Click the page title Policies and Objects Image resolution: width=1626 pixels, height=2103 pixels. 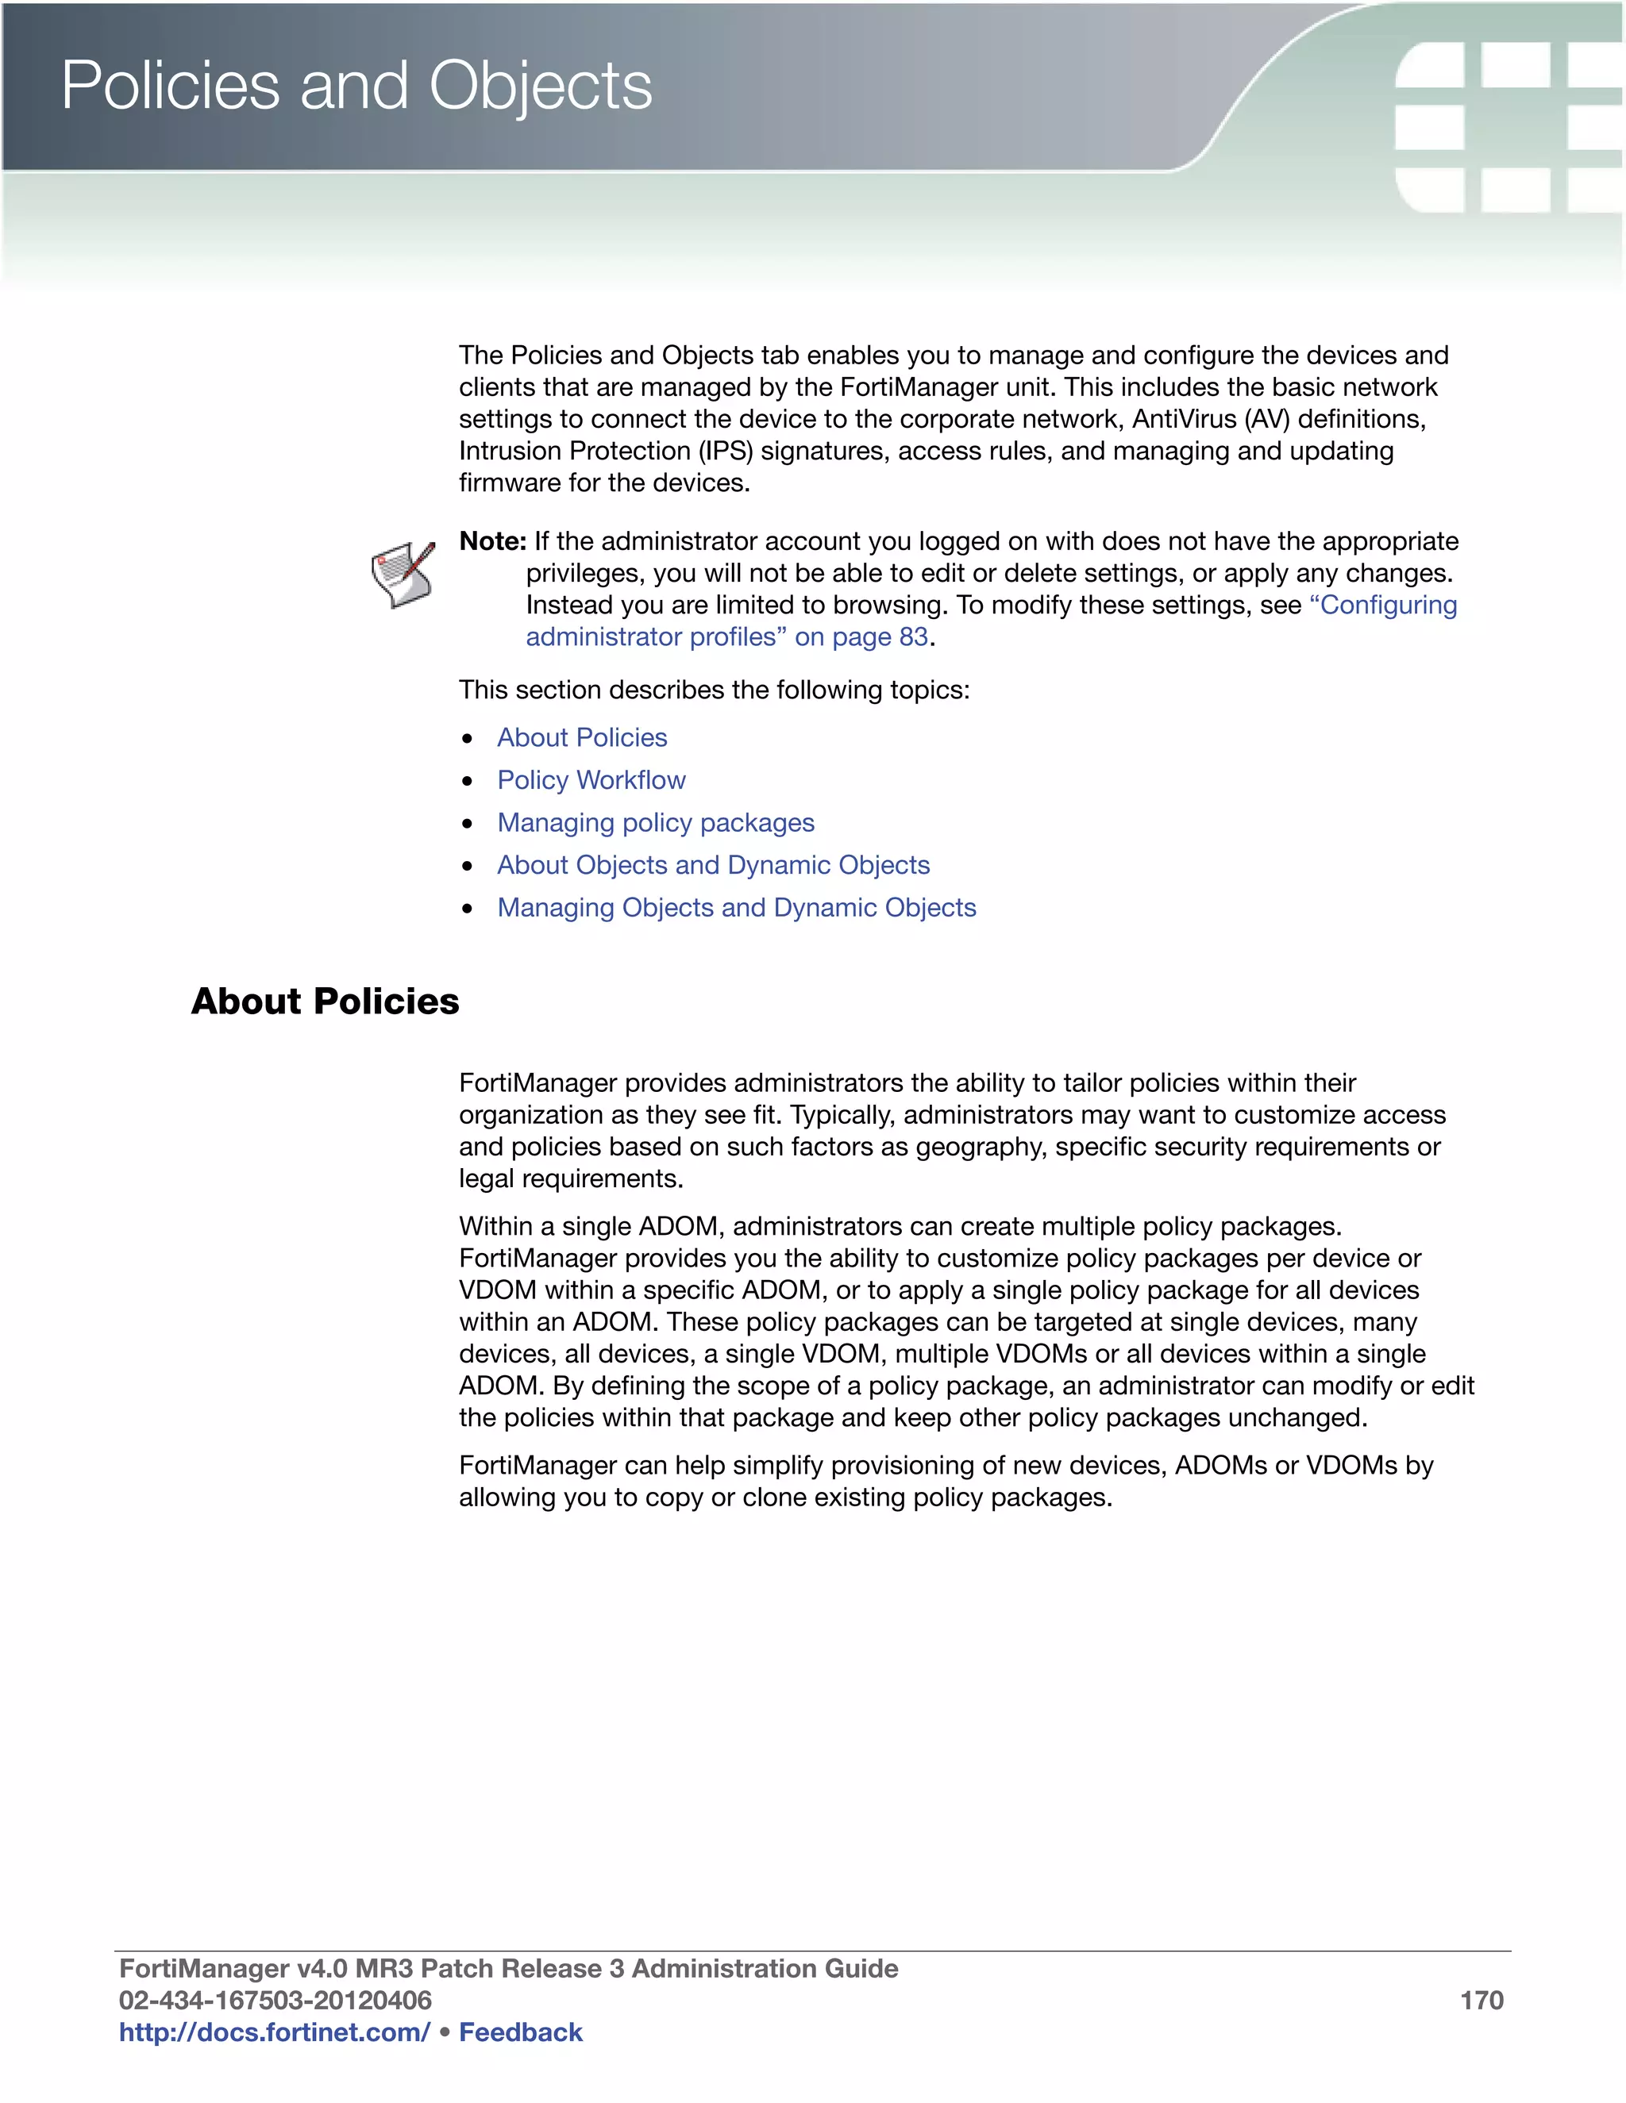[356, 87]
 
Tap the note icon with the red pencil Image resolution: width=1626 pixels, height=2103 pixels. [403, 575]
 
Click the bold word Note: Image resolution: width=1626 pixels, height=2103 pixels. [492, 541]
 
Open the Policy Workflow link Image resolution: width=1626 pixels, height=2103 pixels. [591, 780]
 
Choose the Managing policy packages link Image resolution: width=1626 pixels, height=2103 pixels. [655, 822]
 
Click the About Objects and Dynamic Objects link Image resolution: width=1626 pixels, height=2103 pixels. [713, 865]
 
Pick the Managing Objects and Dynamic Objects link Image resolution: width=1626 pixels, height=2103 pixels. [736, 907]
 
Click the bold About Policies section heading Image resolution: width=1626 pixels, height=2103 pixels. [325, 1002]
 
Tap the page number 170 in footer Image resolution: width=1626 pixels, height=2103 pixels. [1481, 2001]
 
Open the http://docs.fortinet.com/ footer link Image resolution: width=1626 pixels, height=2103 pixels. [274, 2032]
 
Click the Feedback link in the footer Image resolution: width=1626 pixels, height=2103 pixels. [520, 2032]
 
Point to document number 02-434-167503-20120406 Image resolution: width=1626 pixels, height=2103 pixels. [275, 2001]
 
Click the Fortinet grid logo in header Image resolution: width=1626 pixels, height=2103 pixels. [1508, 125]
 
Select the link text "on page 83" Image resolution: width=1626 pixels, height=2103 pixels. [861, 636]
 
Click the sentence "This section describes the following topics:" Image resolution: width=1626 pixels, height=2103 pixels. [714, 690]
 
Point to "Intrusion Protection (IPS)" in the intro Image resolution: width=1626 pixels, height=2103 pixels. [605, 451]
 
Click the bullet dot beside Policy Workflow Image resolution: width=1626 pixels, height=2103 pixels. [467, 781]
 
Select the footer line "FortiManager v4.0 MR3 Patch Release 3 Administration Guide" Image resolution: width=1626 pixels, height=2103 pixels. [507, 1969]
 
